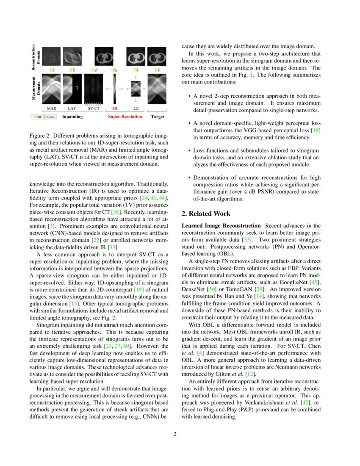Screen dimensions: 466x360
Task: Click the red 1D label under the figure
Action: pyautogui.click(x=114, y=108)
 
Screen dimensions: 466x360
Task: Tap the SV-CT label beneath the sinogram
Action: pyautogui.click(x=94, y=108)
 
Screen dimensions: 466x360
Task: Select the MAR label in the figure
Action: pyautogui.click(x=51, y=108)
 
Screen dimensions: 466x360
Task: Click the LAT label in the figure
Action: pyautogui.click(x=72, y=108)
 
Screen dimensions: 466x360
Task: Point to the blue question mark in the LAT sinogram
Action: pyautogui.click(x=77, y=88)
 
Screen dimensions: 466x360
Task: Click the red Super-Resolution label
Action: pyautogui.click(x=125, y=116)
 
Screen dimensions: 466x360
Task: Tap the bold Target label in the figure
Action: pyautogui.click(x=158, y=116)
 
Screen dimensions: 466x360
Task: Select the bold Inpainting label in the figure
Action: pyautogui.click(x=72, y=116)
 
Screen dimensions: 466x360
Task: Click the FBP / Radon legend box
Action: pyautogui.click(x=44, y=116)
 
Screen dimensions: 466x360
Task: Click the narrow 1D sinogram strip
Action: pyautogui.click(x=114, y=89)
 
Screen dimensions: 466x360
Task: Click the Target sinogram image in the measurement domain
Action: pyautogui.click(x=157, y=89)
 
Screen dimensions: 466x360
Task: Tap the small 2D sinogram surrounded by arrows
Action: pyautogui.click(x=136, y=89)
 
